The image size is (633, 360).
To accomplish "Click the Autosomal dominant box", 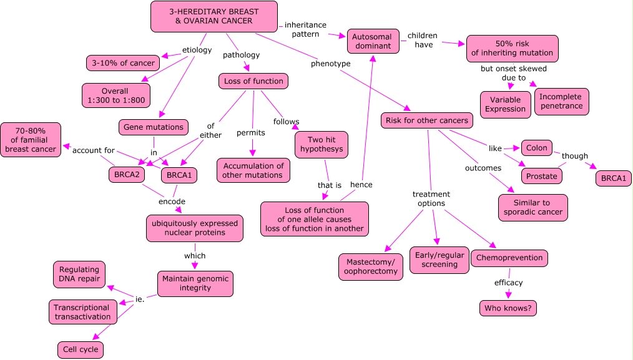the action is pos(373,41).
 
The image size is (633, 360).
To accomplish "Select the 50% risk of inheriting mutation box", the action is pos(513,49).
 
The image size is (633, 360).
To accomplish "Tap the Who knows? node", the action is pos(508,308).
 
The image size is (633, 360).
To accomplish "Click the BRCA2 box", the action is pos(127,175).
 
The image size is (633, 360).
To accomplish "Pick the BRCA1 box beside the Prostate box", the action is pos(613,178).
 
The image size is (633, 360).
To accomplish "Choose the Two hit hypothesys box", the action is pos(321,145).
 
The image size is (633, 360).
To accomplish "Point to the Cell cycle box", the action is pos(81,349).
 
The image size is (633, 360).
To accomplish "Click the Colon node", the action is pos(536,148).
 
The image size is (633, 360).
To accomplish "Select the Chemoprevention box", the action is pos(509,258).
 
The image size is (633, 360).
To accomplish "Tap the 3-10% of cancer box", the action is pos(123,63).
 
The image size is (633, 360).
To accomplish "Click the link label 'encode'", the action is pos(172,202).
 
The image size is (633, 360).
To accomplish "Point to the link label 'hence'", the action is pos(361,185).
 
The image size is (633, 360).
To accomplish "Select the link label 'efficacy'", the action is pos(508,283).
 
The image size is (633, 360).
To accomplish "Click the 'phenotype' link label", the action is pos(331,64).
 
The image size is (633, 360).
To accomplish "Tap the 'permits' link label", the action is pos(251,133).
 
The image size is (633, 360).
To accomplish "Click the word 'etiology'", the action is pos(197,50).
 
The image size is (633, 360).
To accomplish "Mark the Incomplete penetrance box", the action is pos(562,101).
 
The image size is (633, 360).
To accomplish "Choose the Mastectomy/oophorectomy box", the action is pos(371,267).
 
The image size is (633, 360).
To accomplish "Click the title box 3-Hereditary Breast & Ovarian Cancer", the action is pos(214,17).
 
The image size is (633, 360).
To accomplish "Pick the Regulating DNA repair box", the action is pos(79,275).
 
